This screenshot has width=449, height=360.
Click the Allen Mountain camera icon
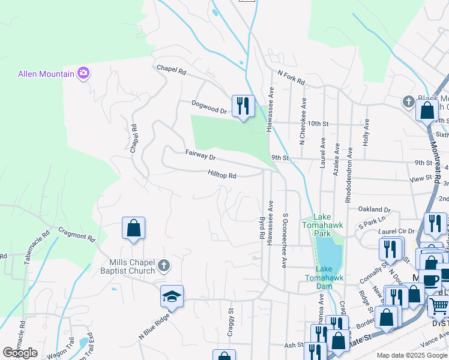[x=83, y=74]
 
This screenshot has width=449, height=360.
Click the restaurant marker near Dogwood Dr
[x=243, y=107]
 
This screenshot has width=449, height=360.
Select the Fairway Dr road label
[x=200, y=156]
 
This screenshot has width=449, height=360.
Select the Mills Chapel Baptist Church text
[x=124, y=266]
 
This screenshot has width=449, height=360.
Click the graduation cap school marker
[x=172, y=296]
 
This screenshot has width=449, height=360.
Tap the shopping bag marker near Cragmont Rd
[x=133, y=228]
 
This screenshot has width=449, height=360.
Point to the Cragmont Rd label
[x=76, y=233]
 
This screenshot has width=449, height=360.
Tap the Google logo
[x=19, y=353]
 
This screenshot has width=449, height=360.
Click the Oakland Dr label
[x=374, y=209]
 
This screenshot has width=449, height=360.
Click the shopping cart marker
[x=439, y=306]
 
